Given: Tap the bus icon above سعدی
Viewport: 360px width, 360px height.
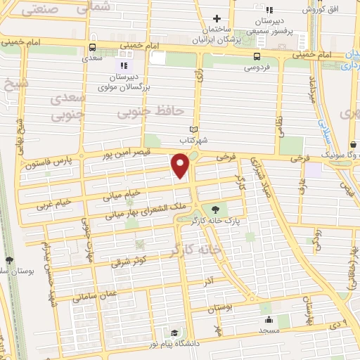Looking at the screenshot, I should [x=91, y=48].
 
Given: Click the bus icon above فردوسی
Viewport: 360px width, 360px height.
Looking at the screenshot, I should [x=257, y=57].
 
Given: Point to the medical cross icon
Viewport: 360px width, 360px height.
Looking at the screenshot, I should [x=217, y=19].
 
